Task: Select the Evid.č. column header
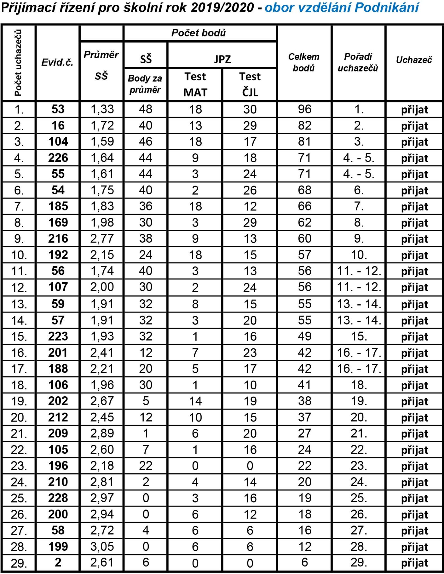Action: click(57, 62)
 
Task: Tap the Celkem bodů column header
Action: click(304, 62)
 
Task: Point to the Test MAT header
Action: click(195, 84)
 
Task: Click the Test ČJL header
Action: click(250, 84)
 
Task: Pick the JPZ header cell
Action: click(222, 59)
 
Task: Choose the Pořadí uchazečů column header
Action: click(358, 62)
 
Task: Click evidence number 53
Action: click(58, 109)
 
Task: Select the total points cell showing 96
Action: click(304, 109)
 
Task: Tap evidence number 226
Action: click(58, 158)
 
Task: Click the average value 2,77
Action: click(102, 239)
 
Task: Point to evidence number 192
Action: click(58, 255)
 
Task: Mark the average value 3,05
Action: click(102, 546)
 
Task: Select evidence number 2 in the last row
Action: click(58, 562)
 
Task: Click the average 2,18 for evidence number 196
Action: click(102, 466)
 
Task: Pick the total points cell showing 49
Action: click(304, 336)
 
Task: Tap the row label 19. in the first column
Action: click(19, 401)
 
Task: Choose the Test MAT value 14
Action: click(195, 401)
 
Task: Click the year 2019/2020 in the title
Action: click(222, 8)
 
